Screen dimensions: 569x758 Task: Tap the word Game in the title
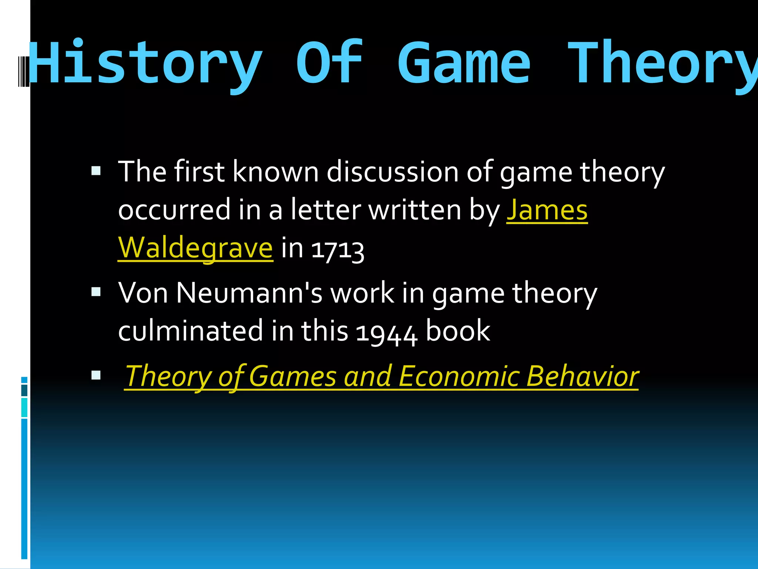click(x=464, y=63)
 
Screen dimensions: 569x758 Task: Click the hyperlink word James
click(x=547, y=210)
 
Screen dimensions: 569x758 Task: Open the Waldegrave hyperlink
click(x=195, y=248)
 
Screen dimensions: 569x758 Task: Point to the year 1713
click(x=338, y=249)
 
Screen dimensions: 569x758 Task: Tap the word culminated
click(x=190, y=331)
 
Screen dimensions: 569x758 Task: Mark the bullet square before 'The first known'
click(x=96, y=170)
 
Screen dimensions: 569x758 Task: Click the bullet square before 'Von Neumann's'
click(x=96, y=292)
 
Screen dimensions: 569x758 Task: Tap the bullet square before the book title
click(x=96, y=375)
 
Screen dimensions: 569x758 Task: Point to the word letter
click(x=325, y=210)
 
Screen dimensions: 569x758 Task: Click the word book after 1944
click(x=458, y=331)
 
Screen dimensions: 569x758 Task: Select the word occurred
click(x=174, y=210)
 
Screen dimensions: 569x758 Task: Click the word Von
click(x=143, y=293)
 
